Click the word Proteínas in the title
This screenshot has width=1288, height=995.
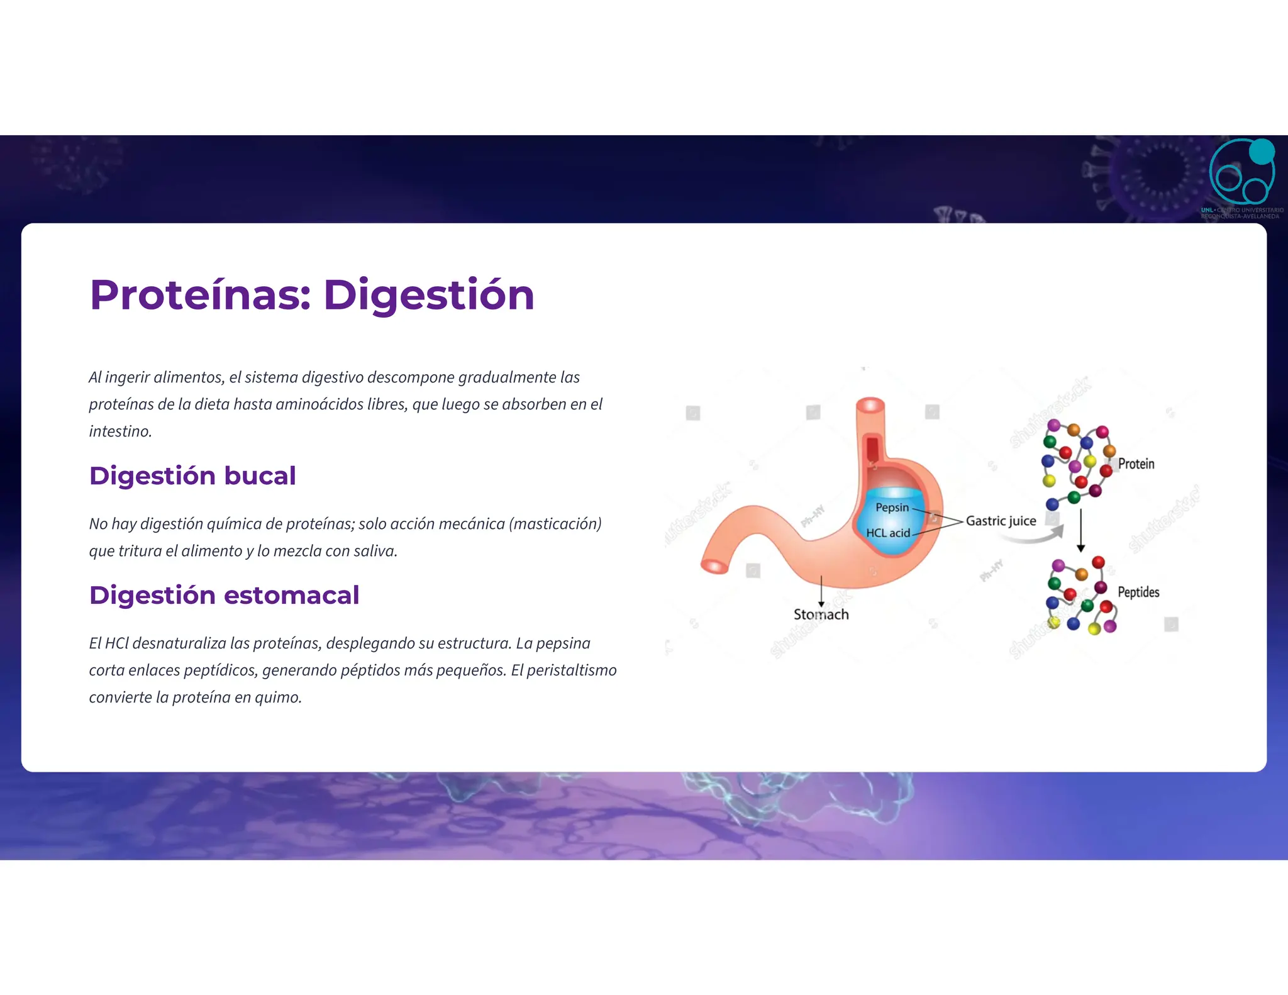[200, 296]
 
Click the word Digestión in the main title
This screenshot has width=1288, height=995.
[428, 296]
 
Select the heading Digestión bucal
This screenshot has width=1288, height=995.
[192, 476]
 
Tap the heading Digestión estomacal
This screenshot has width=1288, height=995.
[224, 596]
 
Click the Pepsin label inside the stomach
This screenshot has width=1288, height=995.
[892, 508]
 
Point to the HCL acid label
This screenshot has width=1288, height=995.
[887, 533]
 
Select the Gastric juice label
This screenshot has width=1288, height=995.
[1001, 521]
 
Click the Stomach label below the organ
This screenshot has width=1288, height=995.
[821, 614]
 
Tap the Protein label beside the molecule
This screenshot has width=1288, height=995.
[1136, 464]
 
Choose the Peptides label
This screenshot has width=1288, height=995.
[1138, 592]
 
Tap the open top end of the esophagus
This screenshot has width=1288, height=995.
[870, 405]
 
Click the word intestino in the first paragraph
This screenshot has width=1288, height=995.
[119, 431]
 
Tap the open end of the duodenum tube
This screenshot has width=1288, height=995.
[714, 566]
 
